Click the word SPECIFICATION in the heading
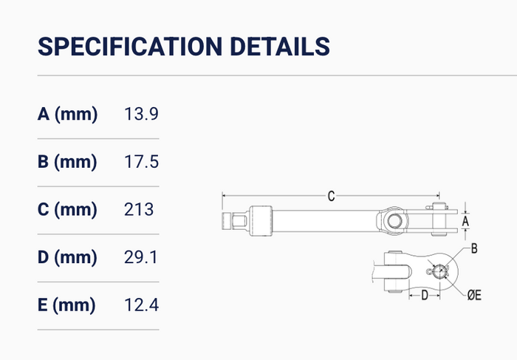coord(130,46)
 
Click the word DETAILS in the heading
coord(280,46)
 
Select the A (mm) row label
coord(68,114)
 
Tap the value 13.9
coord(141,114)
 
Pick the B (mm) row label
coord(67,162)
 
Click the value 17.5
coord(141,162)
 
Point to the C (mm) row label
coord(67,209)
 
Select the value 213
coord(139,209)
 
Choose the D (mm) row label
coord(67,257)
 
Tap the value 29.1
coord(141,257)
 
